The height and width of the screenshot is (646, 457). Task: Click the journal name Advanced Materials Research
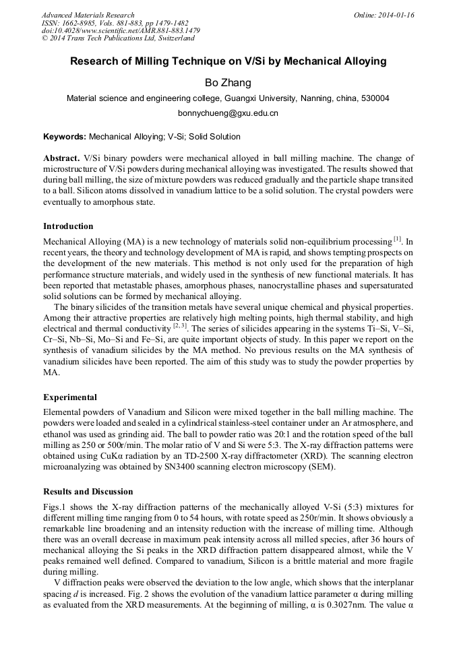88,15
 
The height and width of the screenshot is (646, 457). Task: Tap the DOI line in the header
121,30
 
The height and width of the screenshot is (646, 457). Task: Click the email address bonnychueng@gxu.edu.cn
228,113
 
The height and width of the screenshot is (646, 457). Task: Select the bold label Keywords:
65,137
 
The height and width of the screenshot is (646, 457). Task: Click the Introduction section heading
68,226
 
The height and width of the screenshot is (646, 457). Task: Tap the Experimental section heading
70,397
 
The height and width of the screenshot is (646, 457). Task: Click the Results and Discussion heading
88,492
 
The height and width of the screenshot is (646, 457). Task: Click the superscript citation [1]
397,238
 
